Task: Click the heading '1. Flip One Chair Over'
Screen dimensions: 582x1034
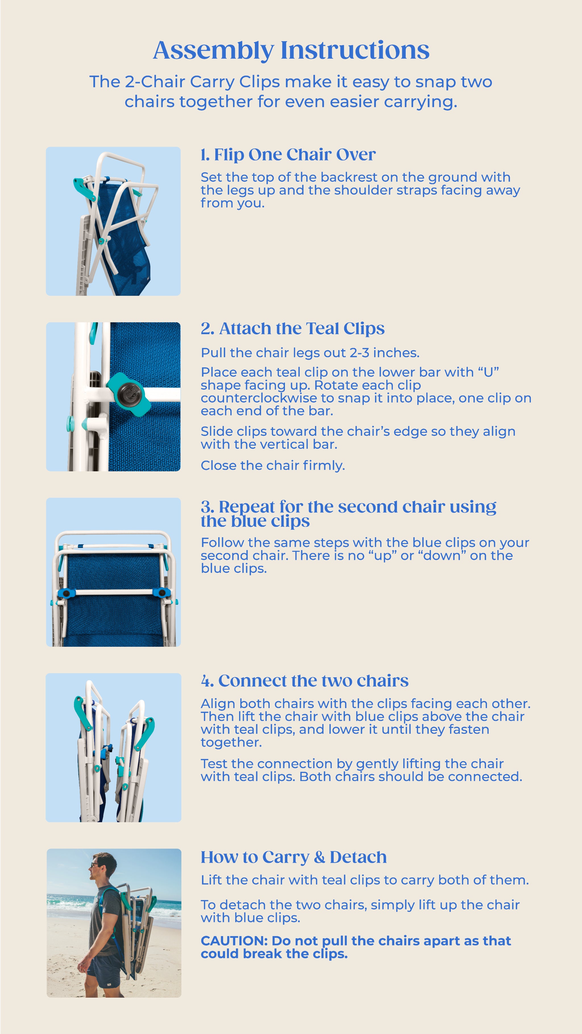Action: coord(288,154)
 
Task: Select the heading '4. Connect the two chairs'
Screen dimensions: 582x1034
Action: coord(304,681)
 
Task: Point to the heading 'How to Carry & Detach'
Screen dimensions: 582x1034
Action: coord(294,857)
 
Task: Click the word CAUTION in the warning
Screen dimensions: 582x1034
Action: coord(234,941)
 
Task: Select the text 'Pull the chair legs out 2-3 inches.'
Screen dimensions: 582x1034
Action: coord(310,353)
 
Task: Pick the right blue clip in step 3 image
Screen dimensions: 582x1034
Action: coord(162,592)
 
